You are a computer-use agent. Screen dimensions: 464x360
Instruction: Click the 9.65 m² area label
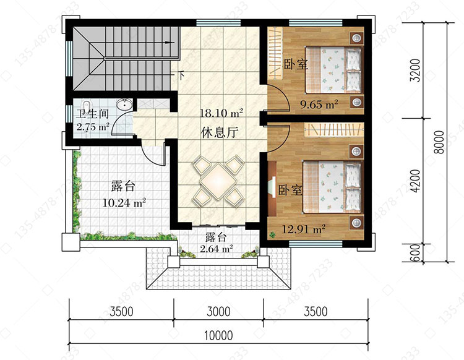point(319,104)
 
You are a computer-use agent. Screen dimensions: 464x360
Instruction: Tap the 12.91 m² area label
point(304,229)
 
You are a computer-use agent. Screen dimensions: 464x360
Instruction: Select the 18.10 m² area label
point(221,113)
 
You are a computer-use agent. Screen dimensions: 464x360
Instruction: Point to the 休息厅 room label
point(220,132)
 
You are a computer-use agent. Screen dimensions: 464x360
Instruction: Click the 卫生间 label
point(92,114)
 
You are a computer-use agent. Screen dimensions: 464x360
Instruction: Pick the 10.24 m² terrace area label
point(124,203)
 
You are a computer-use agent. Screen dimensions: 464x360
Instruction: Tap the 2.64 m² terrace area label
point(216,249)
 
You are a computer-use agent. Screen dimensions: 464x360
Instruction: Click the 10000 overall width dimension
point(218,336)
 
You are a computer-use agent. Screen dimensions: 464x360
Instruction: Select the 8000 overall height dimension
point(440,142)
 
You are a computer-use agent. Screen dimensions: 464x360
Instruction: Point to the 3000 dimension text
point(218,312)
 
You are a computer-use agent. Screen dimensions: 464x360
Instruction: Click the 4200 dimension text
point(416,181)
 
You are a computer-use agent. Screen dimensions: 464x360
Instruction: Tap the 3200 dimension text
point(416,71)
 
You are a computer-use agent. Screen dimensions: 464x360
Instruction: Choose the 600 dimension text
point(416,252)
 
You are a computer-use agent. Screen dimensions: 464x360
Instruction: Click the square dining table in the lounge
point(218,181)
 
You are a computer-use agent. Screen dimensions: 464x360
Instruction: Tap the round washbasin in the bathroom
point(124,104)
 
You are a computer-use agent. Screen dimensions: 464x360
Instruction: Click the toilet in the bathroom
point(86,106)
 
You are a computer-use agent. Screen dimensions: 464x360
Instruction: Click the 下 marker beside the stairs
point(182,75)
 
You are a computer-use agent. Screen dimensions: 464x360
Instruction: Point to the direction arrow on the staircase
point(170,43)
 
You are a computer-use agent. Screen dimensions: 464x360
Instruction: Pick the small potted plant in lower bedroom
point(272,235)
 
